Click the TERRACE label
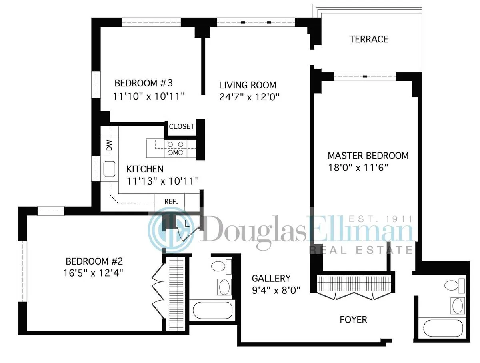pos(368,39)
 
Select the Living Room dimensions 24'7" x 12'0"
pos(249,97)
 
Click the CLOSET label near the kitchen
pos(182,127)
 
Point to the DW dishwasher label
pos(109,146)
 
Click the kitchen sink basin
pos(109,169)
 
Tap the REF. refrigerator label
pos(171,201)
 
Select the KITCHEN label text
pos(145,169)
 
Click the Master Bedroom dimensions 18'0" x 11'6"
pos(358,168)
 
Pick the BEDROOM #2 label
pos(94,262)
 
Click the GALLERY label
pos(271,278)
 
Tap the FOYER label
pos(353,320)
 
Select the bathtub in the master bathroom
pos(442,327)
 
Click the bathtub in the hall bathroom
pos(212,311)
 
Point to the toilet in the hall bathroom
pos(218,266)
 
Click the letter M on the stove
pos(175,153)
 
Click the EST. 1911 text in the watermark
pos(380,219)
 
